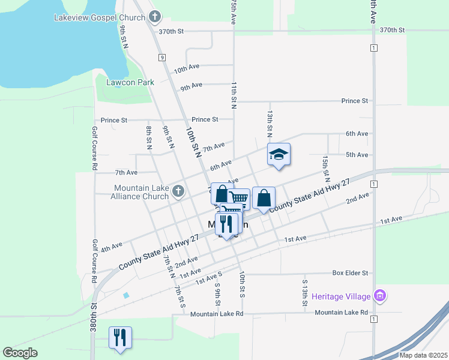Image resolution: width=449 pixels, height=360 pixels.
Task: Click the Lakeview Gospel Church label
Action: [107, 17]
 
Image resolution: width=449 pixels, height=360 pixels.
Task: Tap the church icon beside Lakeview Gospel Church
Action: [155, 17]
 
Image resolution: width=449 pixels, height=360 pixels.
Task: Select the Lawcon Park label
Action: [130, 82]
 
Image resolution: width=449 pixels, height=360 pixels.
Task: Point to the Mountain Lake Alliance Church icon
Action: [177, 191]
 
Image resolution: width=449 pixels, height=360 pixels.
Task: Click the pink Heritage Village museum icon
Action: [379, 295]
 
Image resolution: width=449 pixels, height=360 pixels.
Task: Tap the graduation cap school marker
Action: [279, 155]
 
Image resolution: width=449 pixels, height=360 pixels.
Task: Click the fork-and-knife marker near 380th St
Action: [120, 337]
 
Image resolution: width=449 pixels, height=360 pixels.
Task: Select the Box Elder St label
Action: [350, 273]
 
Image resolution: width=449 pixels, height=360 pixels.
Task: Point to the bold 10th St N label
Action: [193, 142]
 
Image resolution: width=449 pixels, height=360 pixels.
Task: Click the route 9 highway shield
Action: [161, 57]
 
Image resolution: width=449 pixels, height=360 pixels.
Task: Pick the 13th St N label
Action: [270, 121]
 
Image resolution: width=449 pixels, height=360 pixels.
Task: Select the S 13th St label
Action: [305, 293]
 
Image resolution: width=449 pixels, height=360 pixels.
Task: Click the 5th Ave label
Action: [357, 155]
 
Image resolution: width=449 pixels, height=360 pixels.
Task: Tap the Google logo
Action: [20, 353]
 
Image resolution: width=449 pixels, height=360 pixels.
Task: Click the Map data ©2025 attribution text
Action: [423, 355]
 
